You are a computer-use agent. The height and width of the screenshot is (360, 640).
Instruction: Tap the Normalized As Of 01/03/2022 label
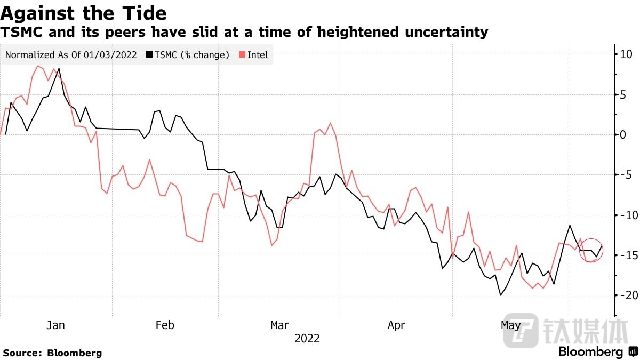71,55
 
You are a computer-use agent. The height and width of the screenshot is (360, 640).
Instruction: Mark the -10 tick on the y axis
625,215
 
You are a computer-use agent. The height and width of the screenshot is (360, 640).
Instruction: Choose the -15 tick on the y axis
625,255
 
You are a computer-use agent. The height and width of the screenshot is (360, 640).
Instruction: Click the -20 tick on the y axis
625,295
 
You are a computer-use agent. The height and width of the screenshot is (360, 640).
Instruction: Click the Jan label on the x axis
55,325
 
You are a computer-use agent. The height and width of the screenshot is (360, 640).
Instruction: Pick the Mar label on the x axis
280,325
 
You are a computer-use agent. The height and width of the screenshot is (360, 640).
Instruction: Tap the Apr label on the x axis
396,325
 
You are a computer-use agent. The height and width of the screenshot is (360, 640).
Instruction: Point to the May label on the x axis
511,325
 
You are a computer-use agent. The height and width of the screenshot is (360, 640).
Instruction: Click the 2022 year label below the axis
307,339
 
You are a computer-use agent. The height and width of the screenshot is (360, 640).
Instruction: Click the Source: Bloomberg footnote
52,353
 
